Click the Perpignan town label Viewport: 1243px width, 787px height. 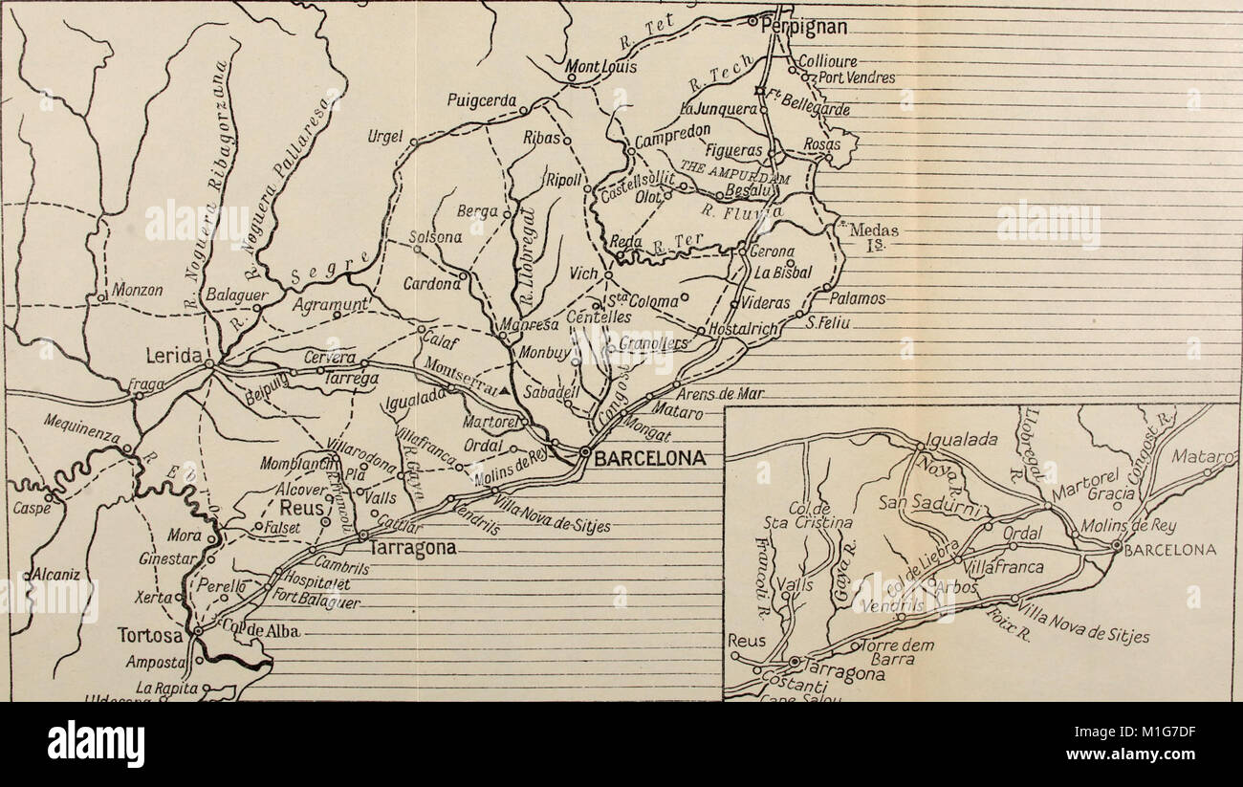[x=803, y=27]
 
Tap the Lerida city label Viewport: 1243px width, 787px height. [x=173, y=356]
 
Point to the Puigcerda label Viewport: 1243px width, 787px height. [x=482, y=99]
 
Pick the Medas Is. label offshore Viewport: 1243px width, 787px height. [x=873, y=235]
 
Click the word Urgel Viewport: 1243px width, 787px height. [x=385, y=137]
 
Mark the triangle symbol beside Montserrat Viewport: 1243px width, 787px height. [x=500, y=390]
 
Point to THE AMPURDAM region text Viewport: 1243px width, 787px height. [x=734, y=174]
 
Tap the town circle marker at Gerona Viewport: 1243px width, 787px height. [x=742, y=251]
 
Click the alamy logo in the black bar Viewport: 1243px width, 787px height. [x=97, y=744]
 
